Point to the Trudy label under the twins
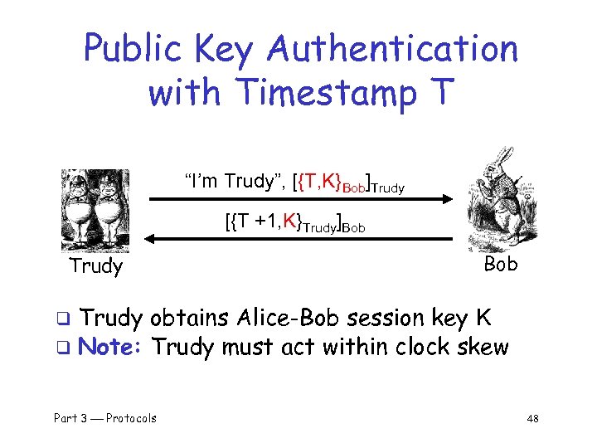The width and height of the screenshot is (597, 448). coord(96,266)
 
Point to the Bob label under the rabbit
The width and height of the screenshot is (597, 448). coord(500,264)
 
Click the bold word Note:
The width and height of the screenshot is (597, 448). coord(112,346)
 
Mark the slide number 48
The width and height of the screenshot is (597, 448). coord(531,418)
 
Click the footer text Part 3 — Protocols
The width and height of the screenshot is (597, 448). coord(105,418)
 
